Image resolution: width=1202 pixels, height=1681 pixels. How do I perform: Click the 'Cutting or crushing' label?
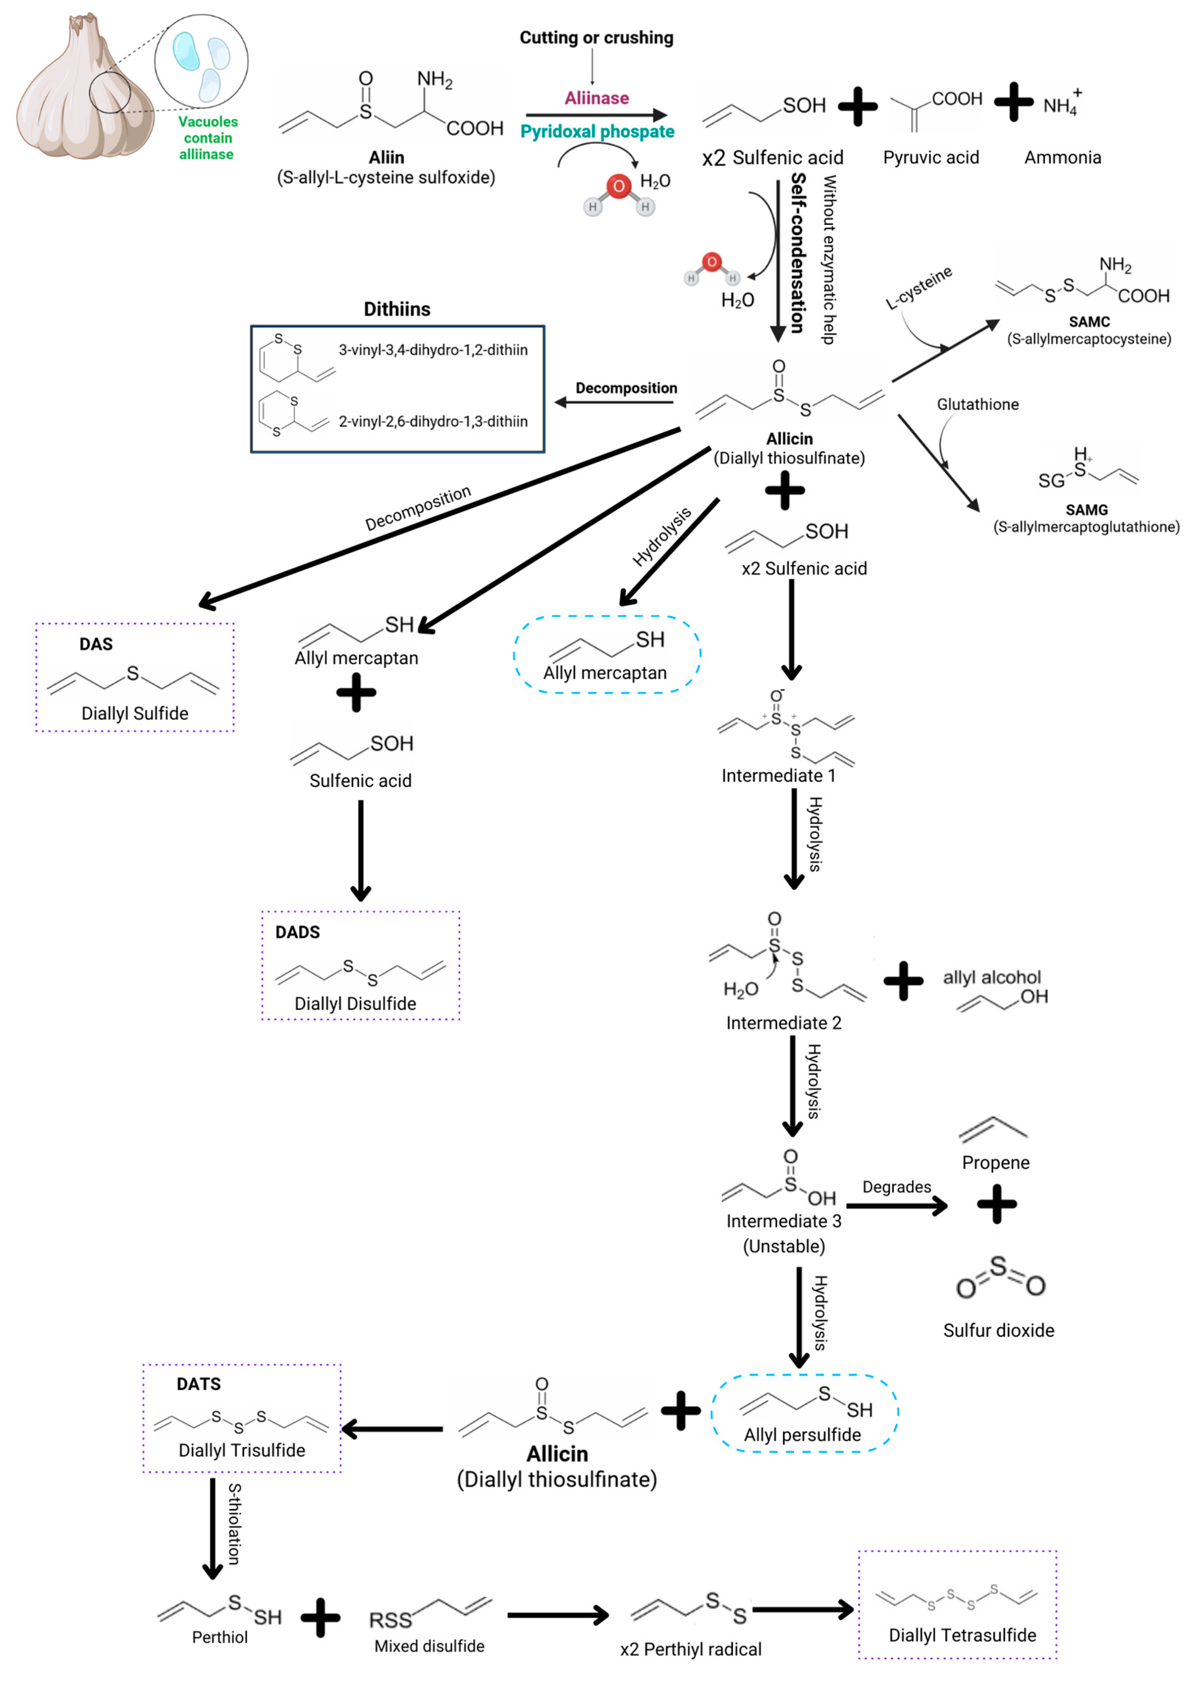(597, 38)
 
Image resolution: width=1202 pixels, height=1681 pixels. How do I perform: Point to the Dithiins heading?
(397, 309)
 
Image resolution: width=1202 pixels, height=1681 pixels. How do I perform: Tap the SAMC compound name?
(1089, 322)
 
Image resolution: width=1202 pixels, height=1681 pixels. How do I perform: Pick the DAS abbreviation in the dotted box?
(96, 644)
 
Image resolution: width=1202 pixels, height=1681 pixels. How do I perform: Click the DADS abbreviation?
(297, 932)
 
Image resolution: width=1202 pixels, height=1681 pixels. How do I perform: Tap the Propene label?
(995, 1162)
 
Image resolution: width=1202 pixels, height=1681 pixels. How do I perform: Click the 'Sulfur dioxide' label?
(998, 1330)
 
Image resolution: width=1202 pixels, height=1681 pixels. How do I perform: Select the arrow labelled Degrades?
(896, 1206)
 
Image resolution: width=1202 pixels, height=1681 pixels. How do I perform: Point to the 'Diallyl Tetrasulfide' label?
(962, 1635)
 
